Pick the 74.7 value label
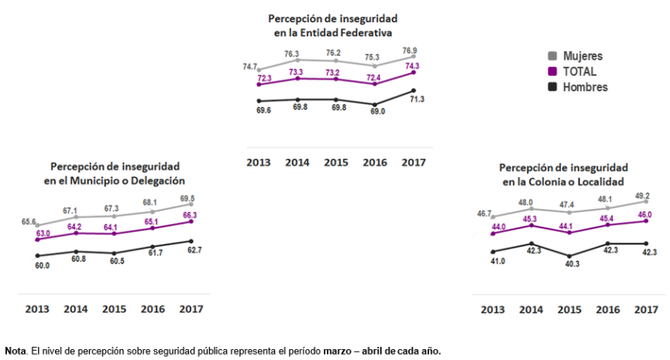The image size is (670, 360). tap(249, 67)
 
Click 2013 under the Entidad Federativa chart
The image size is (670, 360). tap(258, 162)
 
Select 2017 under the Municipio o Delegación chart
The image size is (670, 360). tap(191, 308)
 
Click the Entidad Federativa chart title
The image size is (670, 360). tap(332, 26)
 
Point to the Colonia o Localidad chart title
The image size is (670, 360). tap(563, 173)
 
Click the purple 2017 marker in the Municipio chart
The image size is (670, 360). tap(191, 221)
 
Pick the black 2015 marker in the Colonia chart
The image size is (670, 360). tap(569, 256)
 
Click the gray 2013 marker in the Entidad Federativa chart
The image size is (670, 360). tap(259, 70)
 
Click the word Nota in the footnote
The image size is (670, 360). tap(15, 350)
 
